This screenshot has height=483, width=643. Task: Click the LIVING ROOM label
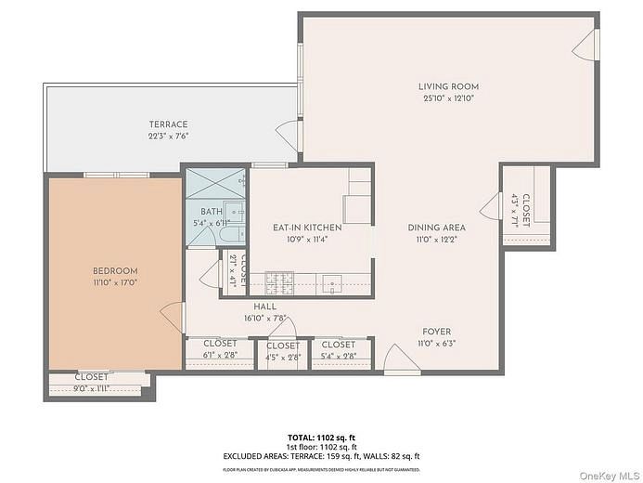pyautogui.click(x=447, y=86)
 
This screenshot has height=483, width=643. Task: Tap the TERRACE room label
pyautogui.click(x=168, y=124)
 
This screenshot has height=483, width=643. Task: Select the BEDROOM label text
pyautogui.click(x=115, y=270)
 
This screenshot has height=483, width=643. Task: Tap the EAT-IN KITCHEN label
pyautogui.click(x=307, y=228)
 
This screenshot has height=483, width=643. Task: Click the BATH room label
pyautogui.click(x=212, y=212)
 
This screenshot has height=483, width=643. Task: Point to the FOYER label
pyautogui.click(x=437, y=332)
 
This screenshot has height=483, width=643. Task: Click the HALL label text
pyautogui.click(x=264, y=307)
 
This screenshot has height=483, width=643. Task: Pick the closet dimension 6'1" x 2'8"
pyautogui.click(x=220, y=355)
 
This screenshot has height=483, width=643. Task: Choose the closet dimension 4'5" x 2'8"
pyautogui.click(x=283, y=356)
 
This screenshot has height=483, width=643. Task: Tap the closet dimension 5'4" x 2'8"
pyautogui.click(x=339, y=355)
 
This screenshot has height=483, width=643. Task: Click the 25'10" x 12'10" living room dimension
pyautogui.click(x=447, y=98)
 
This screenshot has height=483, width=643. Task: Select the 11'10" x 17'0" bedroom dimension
pyautogui.click(x=115, y=282)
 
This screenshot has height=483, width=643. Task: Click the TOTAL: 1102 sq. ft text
pyautogui.click(x=321, y=436)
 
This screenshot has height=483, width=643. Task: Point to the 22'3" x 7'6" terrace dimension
pyautogui.click(x=168, y=136)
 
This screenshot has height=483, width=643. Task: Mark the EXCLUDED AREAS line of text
pyautogui.click(x=321, y=456)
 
